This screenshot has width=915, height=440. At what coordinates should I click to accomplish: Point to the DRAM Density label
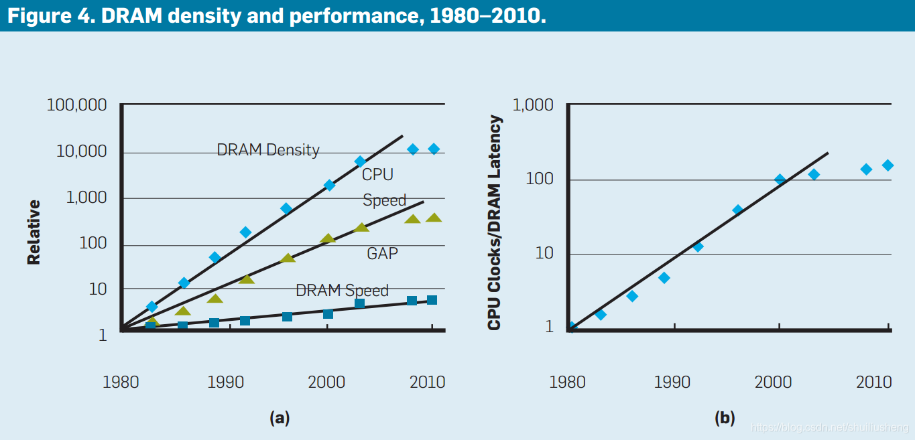click(x=267, y=150)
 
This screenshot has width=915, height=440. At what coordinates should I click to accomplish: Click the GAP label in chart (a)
click(x=382, y=254)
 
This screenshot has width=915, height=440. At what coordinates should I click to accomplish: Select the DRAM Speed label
click(x=342, y=291)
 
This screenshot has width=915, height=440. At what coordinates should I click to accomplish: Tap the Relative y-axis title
click(x=34, y=232)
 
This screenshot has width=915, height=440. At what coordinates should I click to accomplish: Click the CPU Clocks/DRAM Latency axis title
click(x=495, y=222)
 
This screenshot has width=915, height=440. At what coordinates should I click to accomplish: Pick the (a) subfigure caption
click(x=279, y=419)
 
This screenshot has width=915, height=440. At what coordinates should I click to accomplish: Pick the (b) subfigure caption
click(x=725, y=419)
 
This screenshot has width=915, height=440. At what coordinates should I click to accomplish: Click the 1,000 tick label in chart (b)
click(x=533, y=106)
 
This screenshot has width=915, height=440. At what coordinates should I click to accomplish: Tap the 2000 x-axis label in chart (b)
click(x=773, y=382)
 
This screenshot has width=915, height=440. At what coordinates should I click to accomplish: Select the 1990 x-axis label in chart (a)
click(x=225, y=382)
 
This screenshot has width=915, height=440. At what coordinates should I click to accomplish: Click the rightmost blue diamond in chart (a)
click(x=434, y=149)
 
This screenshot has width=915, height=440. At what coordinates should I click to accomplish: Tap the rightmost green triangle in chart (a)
click(x=434, y=218)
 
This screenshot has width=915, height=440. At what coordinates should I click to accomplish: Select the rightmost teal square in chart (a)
click(x=432, y=300)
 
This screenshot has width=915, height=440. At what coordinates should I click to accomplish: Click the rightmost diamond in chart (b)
click(x=888, y=165)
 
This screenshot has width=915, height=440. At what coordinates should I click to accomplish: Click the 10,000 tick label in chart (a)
click(x=80, y=152)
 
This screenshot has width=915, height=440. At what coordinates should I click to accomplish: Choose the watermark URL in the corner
click(x=830, y=427)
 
